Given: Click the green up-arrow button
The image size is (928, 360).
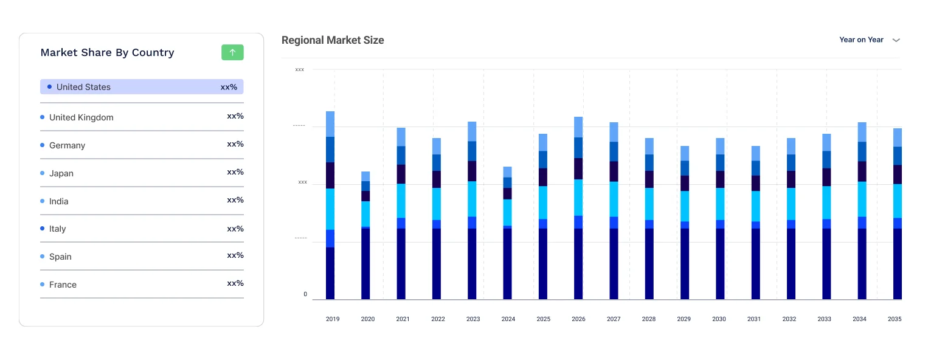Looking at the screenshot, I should pyautogui.click(x=232, y=52).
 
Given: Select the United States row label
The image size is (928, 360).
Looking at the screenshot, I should pyautogui.click(x=83, y=87).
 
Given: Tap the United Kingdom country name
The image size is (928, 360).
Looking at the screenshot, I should pyautogui.click(x=81, y=117).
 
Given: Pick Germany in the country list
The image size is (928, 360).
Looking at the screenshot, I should pyautogui.click(x=67, y=145).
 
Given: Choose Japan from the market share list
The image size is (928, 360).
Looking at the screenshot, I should pyautogui.click(x=61, y=173).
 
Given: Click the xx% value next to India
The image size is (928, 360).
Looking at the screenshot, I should pyautogui.click(x=235, y=200).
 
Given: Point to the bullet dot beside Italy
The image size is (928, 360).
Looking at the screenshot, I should pyautogui.click(x=42, y=229).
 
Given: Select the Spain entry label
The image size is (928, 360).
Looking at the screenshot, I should pyautogui.click(x=60, y=257).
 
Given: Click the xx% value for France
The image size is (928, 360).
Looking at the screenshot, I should pyautogui.click(x=235, y=283).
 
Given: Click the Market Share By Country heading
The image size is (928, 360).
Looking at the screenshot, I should pyautogui.click(x=107, y=52).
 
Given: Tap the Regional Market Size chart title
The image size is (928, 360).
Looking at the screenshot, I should pyautogui.click(x=333, y=40).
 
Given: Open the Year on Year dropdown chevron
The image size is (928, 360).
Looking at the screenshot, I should pyautogui.click(x=896, y=40).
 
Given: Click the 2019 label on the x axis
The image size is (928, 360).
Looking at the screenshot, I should pyautogui.click(x=333, y=319).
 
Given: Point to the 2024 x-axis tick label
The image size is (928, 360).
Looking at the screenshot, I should pyautogui.click(x=508, y=319).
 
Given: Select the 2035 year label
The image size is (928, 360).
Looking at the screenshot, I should pyautogui.click(x=895, y=319).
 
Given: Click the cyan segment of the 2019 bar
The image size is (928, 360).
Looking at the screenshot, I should pyautogui.click(x=330, y=209).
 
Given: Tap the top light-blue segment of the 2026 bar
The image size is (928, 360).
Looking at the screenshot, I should pyautogui.click(x=578, y=126).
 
